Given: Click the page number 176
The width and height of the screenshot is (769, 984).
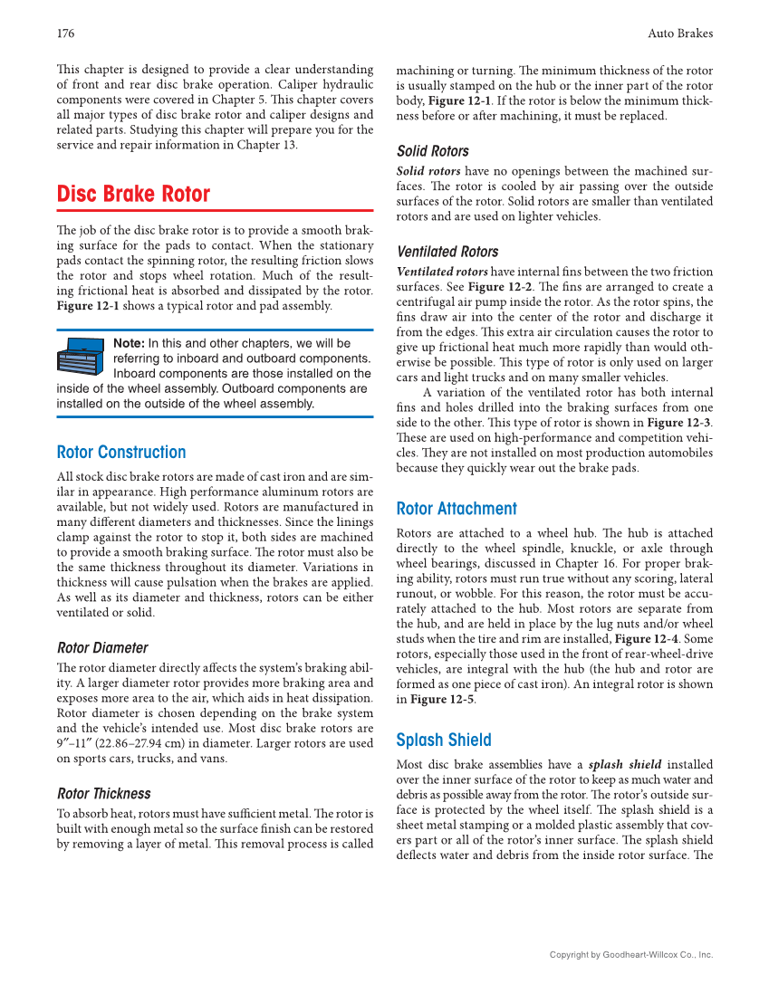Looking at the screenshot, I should [65, 33].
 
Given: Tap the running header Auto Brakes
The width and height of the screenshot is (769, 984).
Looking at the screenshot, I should [680, 33].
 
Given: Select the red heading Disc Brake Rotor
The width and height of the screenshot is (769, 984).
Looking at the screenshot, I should [133, 195].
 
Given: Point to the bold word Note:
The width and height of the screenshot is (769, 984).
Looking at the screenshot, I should [129, 344].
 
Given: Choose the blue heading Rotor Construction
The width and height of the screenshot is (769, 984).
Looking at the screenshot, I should [121, 453].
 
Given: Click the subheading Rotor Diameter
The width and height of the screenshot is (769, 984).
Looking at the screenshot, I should [102, 648].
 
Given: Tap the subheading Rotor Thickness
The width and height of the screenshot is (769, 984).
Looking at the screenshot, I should [104, 794].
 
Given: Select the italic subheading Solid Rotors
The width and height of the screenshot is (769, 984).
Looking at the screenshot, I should [433, 151].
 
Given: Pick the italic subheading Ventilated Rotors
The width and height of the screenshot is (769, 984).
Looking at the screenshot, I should [447, 252].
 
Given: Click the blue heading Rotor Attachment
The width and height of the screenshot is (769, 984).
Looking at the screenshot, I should [457, 509].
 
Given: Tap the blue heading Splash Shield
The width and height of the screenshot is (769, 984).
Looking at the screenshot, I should [444, 740].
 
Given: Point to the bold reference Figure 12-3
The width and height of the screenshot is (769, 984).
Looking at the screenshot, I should [678, 423].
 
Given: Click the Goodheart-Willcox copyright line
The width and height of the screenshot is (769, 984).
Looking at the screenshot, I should [631, 955].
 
